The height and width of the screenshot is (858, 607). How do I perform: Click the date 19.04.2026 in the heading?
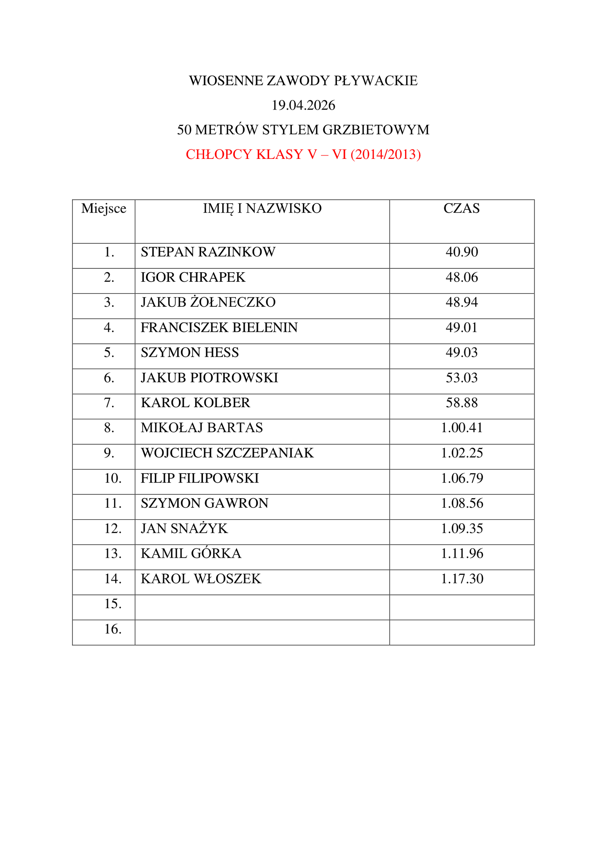[303, 105]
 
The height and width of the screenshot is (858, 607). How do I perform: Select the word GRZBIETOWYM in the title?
[376, 130]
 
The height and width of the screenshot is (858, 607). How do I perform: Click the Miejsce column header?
[104, 209]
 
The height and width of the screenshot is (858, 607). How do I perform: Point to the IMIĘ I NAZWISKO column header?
[262, 209]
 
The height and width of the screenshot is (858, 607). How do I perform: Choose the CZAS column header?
[461, 209]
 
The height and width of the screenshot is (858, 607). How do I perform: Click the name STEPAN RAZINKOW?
[208, 252]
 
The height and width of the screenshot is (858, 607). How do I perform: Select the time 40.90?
[461, 252]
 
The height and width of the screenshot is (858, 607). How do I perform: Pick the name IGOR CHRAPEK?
[193, 278]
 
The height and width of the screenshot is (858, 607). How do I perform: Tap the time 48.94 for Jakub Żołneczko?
[461, 303]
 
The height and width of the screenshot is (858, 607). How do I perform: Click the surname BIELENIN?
[265, 328]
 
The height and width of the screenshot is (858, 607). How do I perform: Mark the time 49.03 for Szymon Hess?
[461, 353]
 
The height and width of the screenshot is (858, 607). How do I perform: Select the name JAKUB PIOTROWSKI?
[209, 378]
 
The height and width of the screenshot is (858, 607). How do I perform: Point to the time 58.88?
[461, 403]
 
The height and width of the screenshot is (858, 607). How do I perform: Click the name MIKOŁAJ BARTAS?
[202, 428]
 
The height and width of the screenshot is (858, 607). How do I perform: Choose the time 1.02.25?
[461, 453]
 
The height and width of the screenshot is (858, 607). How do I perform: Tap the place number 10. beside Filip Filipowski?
[113, 478]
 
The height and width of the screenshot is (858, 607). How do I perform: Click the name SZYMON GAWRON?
[204, 504]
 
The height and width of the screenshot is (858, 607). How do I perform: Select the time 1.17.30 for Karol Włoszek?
[461, 579]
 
